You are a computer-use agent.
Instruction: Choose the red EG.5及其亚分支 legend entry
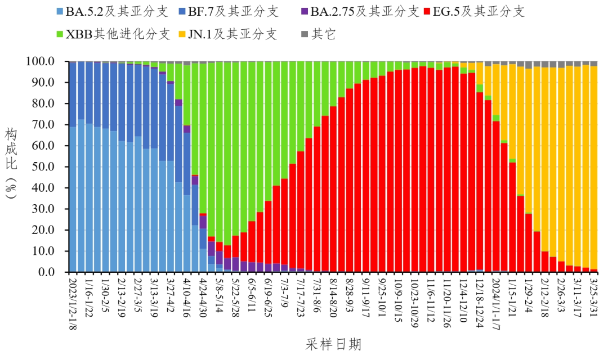click(479, 12)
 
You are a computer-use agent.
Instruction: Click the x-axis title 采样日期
click(334, 344)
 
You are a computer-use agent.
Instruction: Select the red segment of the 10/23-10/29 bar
click(414, 169)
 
